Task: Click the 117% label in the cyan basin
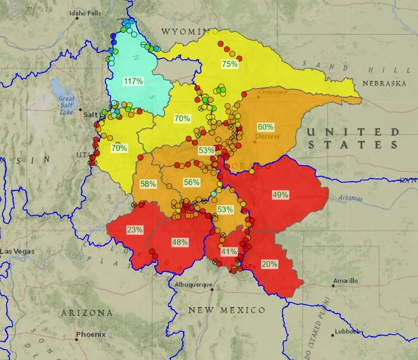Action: point(133,81)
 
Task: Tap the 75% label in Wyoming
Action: point(229,64)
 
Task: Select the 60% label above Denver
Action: point(265,127)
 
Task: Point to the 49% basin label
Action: point(280,195)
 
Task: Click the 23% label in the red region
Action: point(134,230)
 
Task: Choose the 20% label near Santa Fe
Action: point(269,264)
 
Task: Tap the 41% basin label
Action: point(229,251)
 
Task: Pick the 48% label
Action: point(180,242)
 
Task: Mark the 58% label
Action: point(148,184)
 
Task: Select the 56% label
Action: point(192,182)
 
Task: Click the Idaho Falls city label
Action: point(85,13)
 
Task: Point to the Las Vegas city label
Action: point(17,251)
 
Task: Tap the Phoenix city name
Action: point(91,334)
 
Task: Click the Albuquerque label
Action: point(193,285)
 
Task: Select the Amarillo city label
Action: point(346,281)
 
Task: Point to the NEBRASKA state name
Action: point(384,84)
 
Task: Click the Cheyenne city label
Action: point(273,92)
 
